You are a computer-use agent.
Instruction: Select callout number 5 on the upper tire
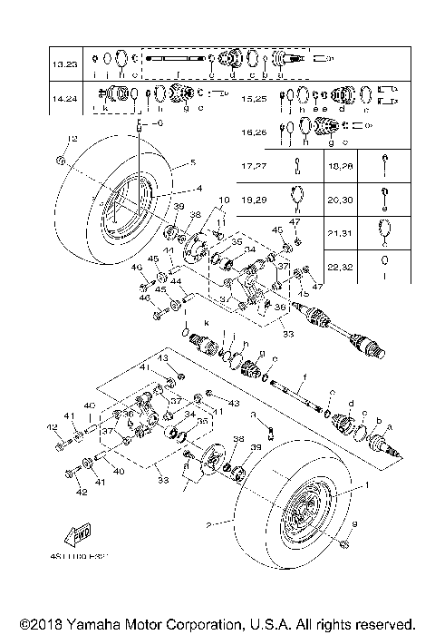192,163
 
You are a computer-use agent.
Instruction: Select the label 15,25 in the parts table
256,98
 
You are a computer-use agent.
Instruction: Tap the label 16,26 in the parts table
256,132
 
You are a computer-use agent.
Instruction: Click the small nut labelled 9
345,543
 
